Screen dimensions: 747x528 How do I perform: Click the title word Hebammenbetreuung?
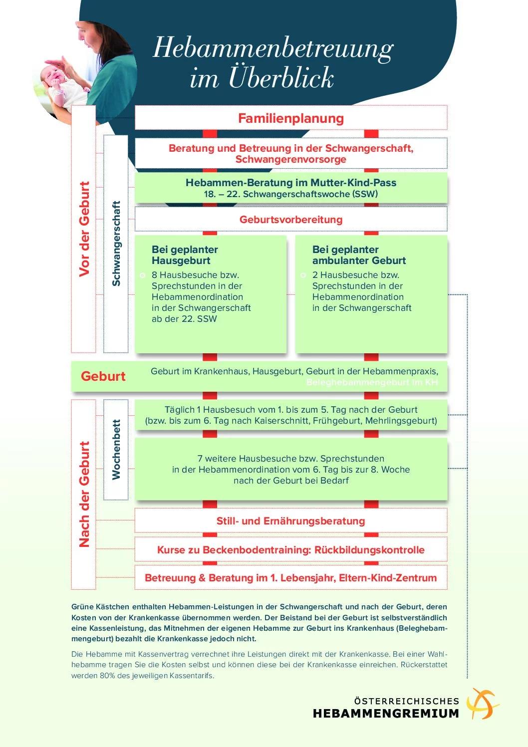273,49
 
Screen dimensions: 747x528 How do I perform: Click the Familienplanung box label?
291,118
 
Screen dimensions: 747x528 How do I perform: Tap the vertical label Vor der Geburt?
84,229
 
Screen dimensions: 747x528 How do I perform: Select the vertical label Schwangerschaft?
116,244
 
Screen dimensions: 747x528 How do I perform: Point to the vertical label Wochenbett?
116,450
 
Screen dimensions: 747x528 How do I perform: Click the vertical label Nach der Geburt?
84,494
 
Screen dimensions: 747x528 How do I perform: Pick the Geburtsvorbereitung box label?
291,220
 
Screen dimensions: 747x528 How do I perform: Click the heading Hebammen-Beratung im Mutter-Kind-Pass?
291,183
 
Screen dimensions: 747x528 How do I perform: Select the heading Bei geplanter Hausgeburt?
185,255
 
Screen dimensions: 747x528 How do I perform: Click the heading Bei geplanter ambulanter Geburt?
359,255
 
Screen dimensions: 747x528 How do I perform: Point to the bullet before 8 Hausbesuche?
143,275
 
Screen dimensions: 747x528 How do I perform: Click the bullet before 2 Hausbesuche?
303,275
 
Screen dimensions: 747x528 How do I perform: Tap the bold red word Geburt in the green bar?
103,376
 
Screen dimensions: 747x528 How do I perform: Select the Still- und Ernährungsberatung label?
291,521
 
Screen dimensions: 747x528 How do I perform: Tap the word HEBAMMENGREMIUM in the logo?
386,713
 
